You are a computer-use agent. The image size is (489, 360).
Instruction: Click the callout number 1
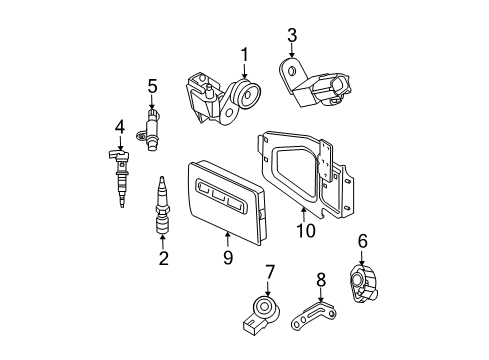click(243, 53)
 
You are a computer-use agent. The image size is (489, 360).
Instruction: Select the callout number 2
click(163, 259)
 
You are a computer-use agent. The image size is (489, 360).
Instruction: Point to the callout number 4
click(119, 127)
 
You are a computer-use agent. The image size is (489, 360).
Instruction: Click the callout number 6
click(362, 240)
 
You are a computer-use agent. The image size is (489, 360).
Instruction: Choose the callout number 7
click(270, 272)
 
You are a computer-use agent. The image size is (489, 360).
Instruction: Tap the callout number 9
click(228, 259)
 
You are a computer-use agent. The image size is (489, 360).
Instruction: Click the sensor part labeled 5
click(153, 131)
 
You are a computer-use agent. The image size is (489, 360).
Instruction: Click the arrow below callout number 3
click(292, 50)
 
